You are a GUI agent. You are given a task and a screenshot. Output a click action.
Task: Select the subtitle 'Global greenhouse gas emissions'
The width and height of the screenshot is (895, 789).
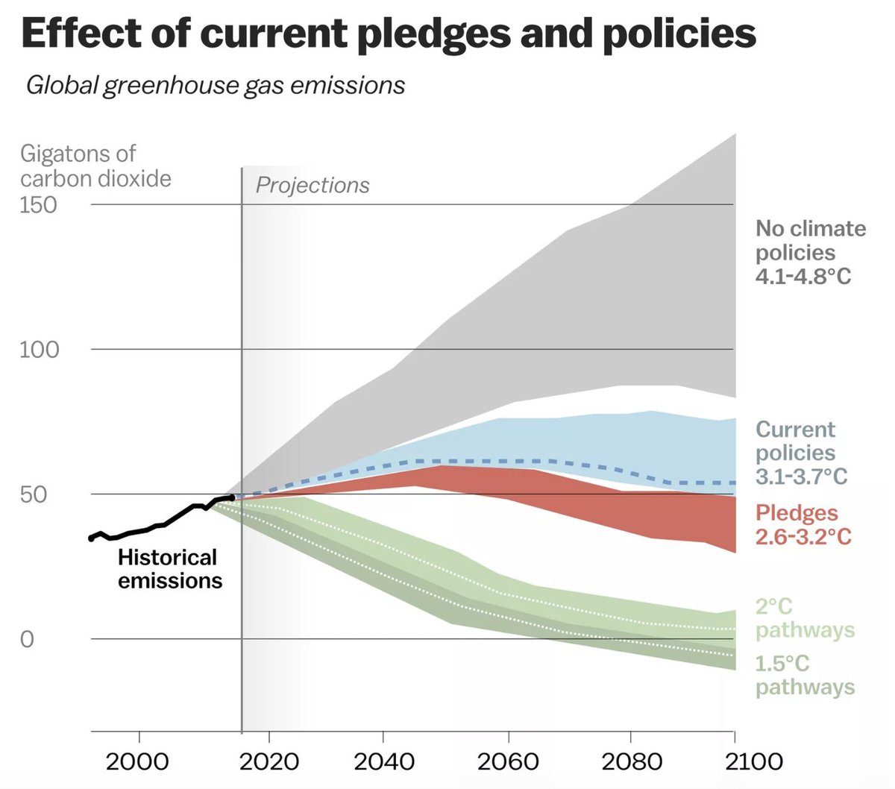pyautogui.click(x=216, y=86)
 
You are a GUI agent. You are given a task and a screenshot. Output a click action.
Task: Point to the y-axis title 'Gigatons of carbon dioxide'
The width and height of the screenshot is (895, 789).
pyautogui.click(x=95, y=166)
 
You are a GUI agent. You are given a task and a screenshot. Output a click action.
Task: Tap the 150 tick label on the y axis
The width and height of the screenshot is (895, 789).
pyautogui.click(x=38, y=204)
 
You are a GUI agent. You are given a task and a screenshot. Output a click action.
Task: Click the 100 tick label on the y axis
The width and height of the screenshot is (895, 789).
pyautogui.click(x=39, y=349)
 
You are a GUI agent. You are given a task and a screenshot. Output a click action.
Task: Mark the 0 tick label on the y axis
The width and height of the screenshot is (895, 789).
pyautogui.click(x=27, y=639)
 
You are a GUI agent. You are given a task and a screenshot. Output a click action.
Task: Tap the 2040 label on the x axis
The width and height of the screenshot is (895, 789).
pyautogui.click(x=383, y=761)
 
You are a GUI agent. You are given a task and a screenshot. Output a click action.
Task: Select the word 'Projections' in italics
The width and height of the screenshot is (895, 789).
pyautogui.click(x=313, y=185)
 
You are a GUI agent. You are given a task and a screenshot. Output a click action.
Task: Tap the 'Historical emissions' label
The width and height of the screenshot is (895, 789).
pyautogui.click(x=169, y=569)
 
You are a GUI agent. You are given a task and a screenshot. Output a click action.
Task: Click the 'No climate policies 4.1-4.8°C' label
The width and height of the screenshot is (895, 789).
pyautogui.click(x=810, y=252)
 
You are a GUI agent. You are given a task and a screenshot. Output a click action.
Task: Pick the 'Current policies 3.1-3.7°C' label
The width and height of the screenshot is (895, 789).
pyautogui.click(x=801, y=453)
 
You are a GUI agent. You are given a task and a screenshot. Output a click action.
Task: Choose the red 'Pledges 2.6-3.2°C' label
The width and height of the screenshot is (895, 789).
pyautogui.click(x=803, y=524)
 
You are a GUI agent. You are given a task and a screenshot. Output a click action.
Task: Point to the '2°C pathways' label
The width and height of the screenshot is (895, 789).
pyautogui.click(x=805, y=618)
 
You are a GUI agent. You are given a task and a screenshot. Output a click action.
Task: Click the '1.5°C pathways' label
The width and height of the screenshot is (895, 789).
pyautogui.click(x=805, y=675)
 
